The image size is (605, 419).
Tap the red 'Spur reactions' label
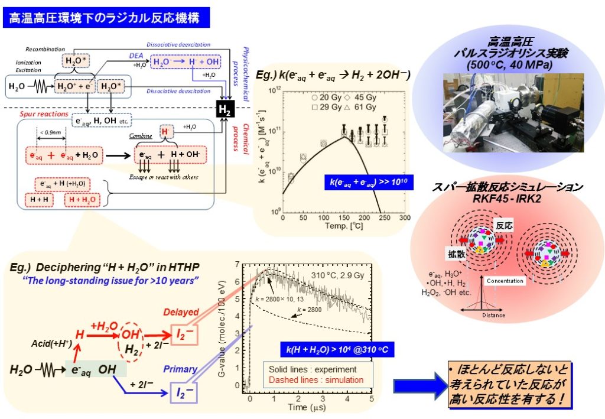[42, 112]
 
